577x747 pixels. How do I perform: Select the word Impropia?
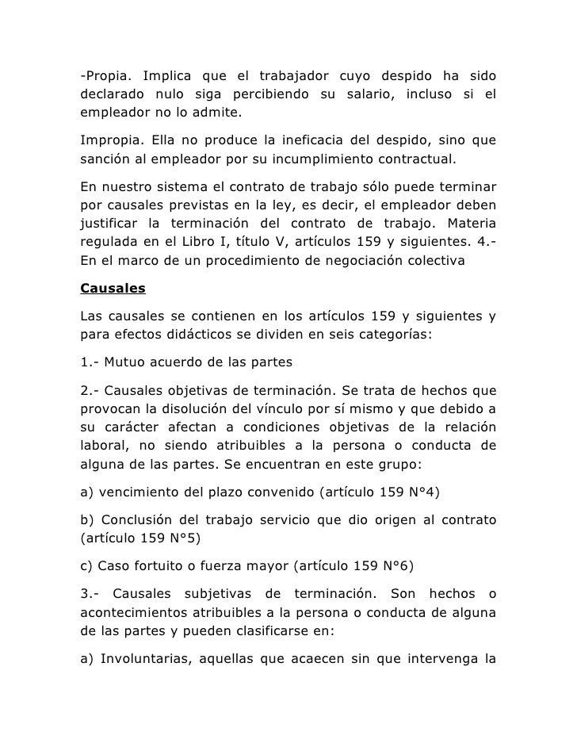[109, 141]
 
